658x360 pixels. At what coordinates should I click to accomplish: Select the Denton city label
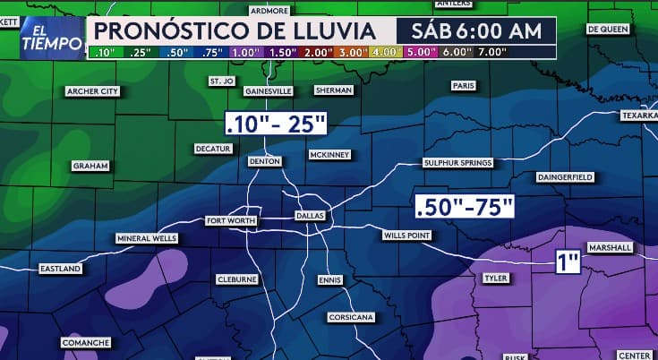[266, 161]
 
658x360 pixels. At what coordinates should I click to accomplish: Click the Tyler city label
[495, 279]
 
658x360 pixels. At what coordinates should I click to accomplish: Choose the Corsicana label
[351, 317]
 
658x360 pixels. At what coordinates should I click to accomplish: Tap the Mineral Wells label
[147, 239]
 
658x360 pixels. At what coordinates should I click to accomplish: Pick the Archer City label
[93, 91]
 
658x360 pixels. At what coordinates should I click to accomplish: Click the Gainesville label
[269, 91]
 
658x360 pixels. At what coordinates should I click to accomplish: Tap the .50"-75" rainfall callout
[466, 207]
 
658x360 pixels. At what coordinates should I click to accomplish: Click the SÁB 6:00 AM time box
[475, 30]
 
